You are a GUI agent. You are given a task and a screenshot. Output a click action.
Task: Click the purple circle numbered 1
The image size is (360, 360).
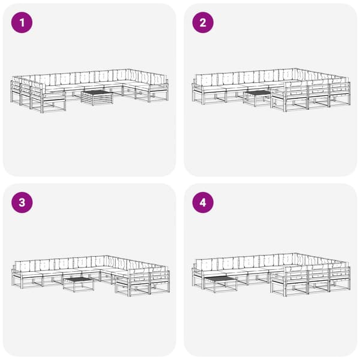tap(22, 23)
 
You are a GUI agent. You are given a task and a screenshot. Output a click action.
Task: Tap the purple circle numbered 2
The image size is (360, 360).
tap(203, 23)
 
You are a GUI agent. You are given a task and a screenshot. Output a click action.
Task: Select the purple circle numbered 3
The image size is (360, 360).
tap(22, 203)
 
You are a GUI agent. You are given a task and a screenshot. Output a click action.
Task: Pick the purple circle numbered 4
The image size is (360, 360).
tap(203, 203)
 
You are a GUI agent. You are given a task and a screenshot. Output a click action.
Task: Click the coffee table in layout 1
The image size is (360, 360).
tap(97, 98)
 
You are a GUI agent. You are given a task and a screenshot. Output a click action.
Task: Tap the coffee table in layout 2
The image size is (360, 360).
tap(257, 98)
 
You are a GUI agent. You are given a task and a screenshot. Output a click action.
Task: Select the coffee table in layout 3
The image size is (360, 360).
tap(79, 284)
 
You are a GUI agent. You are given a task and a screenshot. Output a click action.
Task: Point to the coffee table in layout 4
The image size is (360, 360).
tap(220, 284)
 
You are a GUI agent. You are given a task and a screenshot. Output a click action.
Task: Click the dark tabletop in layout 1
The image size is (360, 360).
tap(97, 92)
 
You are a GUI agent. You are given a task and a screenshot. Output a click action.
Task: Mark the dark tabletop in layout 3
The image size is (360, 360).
tap(79, 279)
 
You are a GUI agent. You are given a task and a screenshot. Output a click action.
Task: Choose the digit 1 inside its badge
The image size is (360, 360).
tap(22, 23)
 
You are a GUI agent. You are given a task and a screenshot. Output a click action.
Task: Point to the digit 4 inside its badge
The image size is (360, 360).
tap(203, 203)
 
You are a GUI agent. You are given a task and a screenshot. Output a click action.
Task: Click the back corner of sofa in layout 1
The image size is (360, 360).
tap(128, 70)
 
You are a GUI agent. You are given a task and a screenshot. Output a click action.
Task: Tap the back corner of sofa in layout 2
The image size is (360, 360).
tap(295, 68)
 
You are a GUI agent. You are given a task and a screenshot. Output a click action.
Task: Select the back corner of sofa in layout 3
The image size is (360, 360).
tap(106, 256)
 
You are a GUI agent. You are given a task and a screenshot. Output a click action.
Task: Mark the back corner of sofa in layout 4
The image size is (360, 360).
tap(296, 253)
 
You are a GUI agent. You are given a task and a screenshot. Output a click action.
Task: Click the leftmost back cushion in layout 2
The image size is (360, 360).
tap(206, 80)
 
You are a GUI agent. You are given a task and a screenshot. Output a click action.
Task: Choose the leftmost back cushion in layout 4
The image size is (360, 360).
tap(206, 264)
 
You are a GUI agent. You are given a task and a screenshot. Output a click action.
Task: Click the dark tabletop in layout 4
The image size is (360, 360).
tap(220, 279)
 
